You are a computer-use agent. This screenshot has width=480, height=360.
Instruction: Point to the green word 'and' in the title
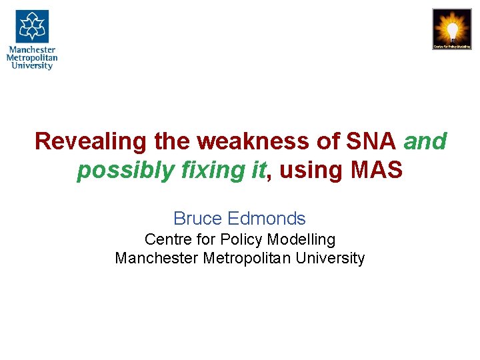coord(425,141)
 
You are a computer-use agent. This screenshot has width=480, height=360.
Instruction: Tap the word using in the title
coord(311,171)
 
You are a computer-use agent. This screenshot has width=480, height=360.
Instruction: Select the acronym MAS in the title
coord(377,171)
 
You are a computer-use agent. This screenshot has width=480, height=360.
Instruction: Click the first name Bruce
coord(198,219)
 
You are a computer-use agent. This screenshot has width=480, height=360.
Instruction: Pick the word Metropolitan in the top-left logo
coord(32,57)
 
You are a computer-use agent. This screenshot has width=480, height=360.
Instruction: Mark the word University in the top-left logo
coord(32,66)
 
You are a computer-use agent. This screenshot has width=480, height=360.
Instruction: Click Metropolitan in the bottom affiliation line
coord(248,258)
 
